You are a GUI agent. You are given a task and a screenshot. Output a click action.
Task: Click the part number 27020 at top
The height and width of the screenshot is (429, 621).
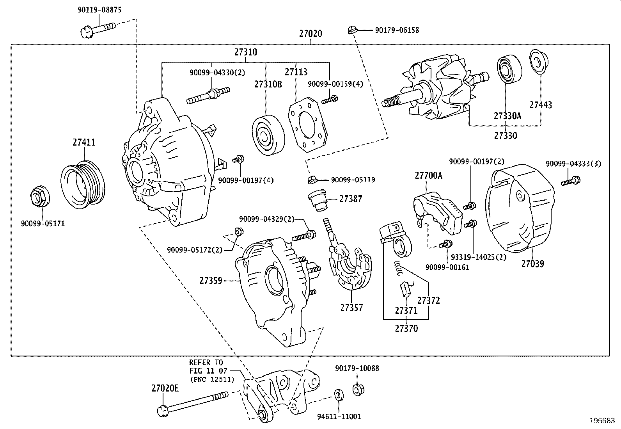pyautogui.click(x=310, y=34)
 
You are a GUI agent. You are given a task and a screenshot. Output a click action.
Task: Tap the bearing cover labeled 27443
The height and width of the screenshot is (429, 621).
pyautogui.click(x=539, y=62)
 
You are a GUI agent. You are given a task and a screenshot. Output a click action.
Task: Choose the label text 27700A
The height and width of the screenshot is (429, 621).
pyautogui.click(x=428, y=176)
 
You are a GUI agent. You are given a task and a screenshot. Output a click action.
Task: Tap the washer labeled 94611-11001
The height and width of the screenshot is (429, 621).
pyautogui.click(x=339, y=395)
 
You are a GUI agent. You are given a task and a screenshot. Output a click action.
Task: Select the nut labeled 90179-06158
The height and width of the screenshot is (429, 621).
pyautogui.click(x=351, y=30)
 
